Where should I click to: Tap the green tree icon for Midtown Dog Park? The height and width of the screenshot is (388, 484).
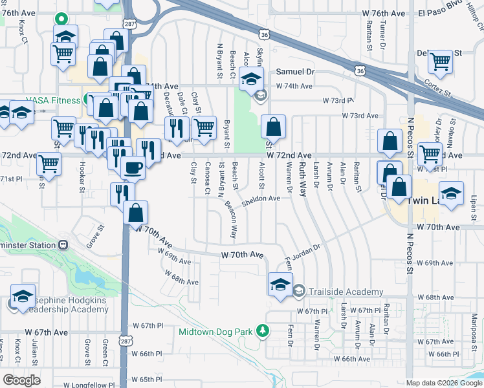[x=263, y=331]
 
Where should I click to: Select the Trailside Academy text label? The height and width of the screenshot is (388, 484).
[x=346, y=292]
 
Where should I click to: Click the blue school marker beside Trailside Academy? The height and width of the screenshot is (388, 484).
[x=280, y=285]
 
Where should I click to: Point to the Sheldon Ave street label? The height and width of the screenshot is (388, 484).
[x=261, y=199]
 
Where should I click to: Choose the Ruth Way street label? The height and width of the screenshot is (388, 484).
[x=302, y=175]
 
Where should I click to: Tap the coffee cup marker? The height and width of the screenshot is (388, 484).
[x=133, y=167]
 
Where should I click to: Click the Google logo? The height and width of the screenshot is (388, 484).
[x=22, y=380]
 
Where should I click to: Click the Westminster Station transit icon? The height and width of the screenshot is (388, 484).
[x=63, y=245]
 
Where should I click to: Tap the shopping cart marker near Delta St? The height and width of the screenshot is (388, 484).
[x=440, y=62]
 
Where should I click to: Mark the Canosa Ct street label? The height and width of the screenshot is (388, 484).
[x=208, y=177]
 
